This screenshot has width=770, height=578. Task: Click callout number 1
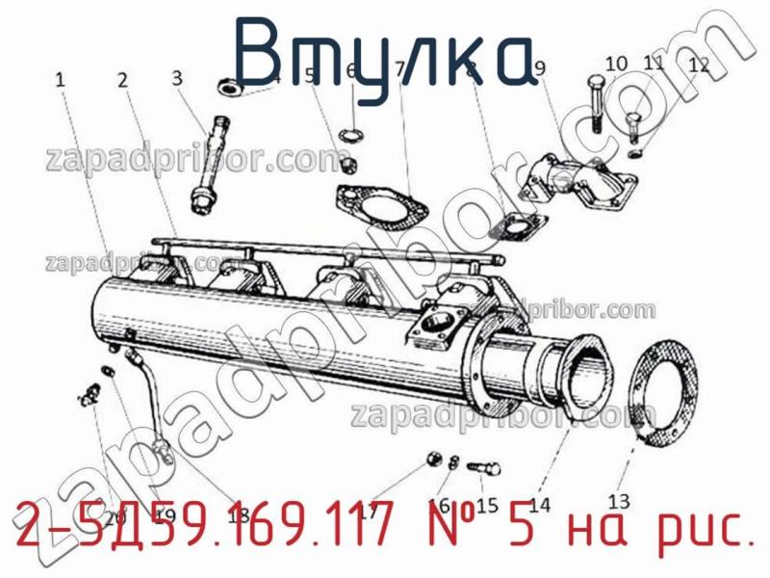coord(61,82)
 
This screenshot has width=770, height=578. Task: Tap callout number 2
coord(122,81)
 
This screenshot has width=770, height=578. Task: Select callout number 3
coord(177,78)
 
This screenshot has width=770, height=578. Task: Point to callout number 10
coord(616,64)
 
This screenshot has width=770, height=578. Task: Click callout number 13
coord(619,500)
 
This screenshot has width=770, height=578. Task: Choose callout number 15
coord(486,504)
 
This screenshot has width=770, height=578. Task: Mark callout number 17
coord(367,512)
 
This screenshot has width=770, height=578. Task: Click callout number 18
coord(237,513)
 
